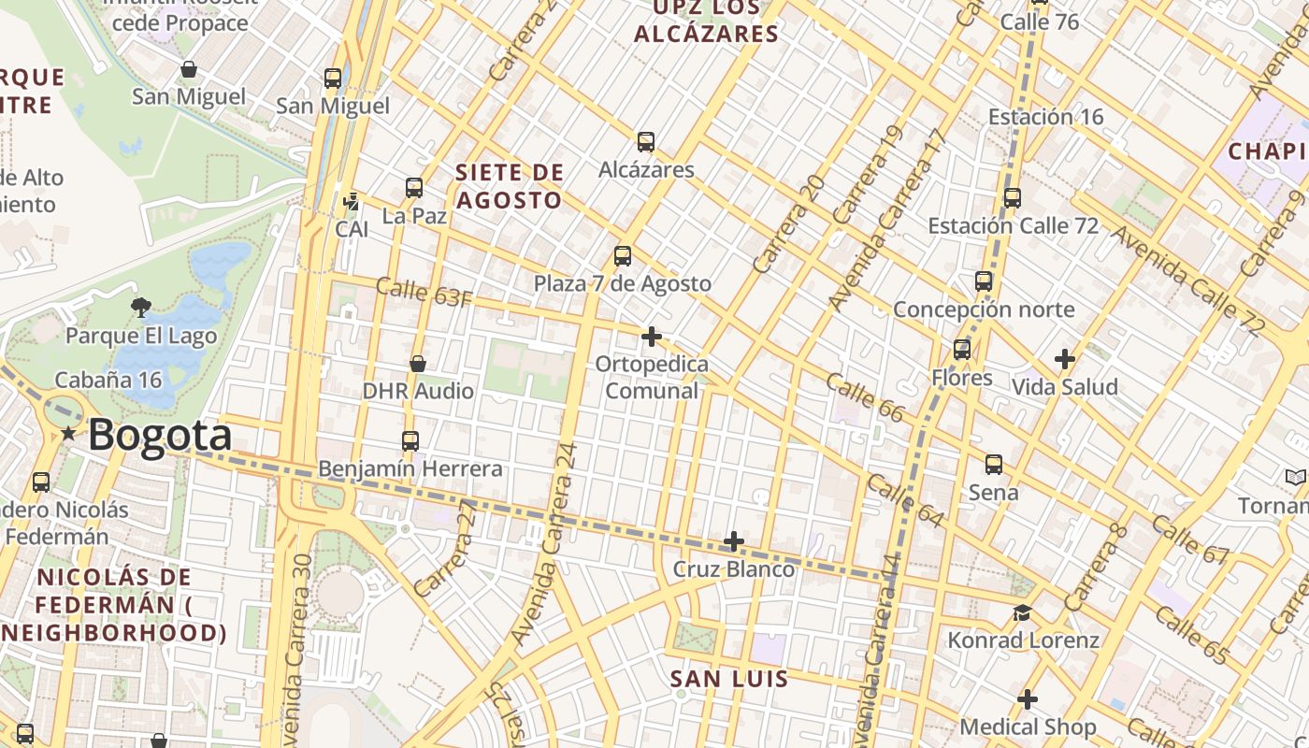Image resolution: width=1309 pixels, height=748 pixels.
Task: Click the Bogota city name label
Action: click(160, 436)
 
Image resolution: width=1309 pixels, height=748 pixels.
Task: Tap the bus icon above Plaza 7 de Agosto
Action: click(623, 256)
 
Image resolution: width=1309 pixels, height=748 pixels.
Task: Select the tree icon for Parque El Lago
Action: click(141, 307)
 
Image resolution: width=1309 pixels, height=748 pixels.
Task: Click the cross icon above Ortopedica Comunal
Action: click(652, 337)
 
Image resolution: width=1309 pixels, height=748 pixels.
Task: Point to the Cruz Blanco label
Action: click(734, 568)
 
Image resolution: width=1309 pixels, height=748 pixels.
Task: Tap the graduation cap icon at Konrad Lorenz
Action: click(1023, 613)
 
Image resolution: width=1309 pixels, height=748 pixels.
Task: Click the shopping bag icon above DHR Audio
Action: click(418, 364)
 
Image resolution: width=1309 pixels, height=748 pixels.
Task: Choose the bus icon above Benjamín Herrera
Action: click(410, 441)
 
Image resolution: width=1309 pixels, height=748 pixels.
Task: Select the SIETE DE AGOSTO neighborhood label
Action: click(510, 186)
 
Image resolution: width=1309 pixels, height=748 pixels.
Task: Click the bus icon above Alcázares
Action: click(646, 142)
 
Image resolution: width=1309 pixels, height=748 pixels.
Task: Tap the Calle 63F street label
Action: click(424, 292)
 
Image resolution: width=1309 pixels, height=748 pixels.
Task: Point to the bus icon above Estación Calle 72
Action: click(1013, 198)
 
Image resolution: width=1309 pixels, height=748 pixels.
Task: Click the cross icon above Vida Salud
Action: click(1064, 359)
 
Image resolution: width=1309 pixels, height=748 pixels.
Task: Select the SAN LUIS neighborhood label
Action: click(729, 679)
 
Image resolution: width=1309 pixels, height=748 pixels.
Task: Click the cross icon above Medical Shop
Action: click(1028, 699)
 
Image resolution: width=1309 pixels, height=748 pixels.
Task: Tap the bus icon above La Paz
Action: click(414, 188)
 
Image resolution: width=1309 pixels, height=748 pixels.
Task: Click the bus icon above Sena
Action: click(994, 465)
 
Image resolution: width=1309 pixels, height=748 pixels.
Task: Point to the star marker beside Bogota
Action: click(68, 434)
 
